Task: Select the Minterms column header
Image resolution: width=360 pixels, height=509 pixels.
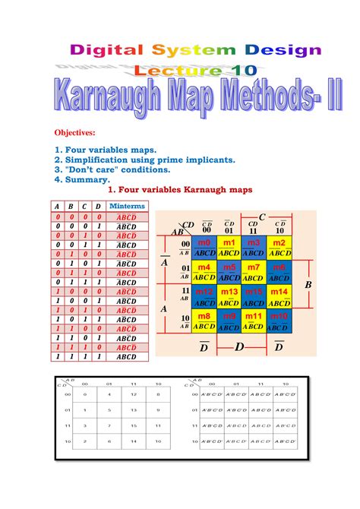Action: pos(126,206)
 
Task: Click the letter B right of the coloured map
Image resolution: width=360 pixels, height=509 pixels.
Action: pos(308,284)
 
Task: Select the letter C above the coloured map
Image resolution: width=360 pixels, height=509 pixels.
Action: pos(261,217)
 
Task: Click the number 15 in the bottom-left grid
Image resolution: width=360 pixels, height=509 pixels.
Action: pos(134,425)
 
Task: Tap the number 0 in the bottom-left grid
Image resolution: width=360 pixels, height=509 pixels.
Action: pos(86,394)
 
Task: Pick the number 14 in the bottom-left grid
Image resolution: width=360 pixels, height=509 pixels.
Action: pos(134,441)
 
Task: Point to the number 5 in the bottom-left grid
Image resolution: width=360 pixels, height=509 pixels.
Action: pos(109,410)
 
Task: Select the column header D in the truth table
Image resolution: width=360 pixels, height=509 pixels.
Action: pos(99,207)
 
